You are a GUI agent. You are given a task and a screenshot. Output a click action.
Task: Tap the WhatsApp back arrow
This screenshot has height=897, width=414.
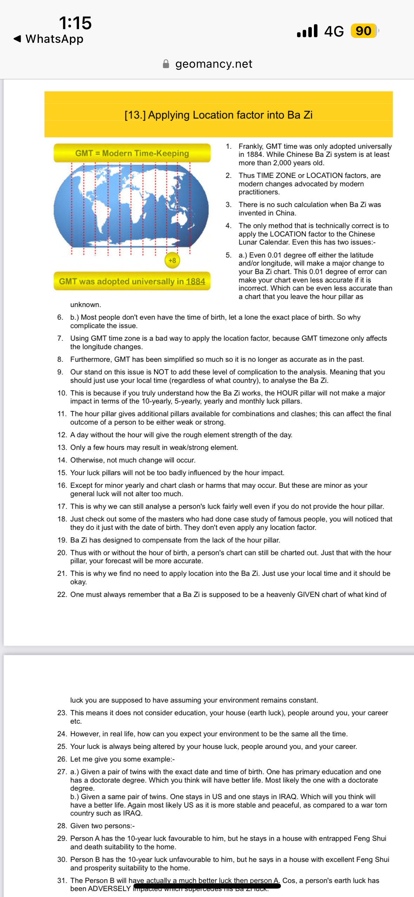click(17, 39)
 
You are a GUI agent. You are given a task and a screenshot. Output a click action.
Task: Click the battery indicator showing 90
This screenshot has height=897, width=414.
click(363, 31)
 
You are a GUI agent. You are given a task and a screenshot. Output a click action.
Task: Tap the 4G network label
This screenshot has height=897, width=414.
click(334, 31)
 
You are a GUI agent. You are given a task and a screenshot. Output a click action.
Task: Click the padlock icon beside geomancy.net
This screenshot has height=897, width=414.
click(166, 64)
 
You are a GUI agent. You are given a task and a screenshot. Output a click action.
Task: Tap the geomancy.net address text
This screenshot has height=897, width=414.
click(213, 64)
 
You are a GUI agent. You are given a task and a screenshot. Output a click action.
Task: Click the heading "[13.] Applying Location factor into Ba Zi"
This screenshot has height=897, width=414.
click(218, 115)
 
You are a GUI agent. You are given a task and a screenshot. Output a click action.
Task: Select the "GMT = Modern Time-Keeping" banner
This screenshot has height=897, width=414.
click(132, 153)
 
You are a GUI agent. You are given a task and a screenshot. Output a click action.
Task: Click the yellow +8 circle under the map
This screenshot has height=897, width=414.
click(172, 260)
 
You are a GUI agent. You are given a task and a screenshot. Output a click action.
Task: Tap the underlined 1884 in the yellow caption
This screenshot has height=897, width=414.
click(195, 281)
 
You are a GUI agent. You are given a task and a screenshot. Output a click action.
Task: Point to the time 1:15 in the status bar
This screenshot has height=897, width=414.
click(75, 23)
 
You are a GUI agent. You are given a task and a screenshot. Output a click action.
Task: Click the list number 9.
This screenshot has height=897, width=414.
click(60, 372)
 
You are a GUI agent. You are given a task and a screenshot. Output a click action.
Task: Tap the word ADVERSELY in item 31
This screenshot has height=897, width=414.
click(109, 889)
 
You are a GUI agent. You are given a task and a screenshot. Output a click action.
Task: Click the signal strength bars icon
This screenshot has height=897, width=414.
click(307, 31)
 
